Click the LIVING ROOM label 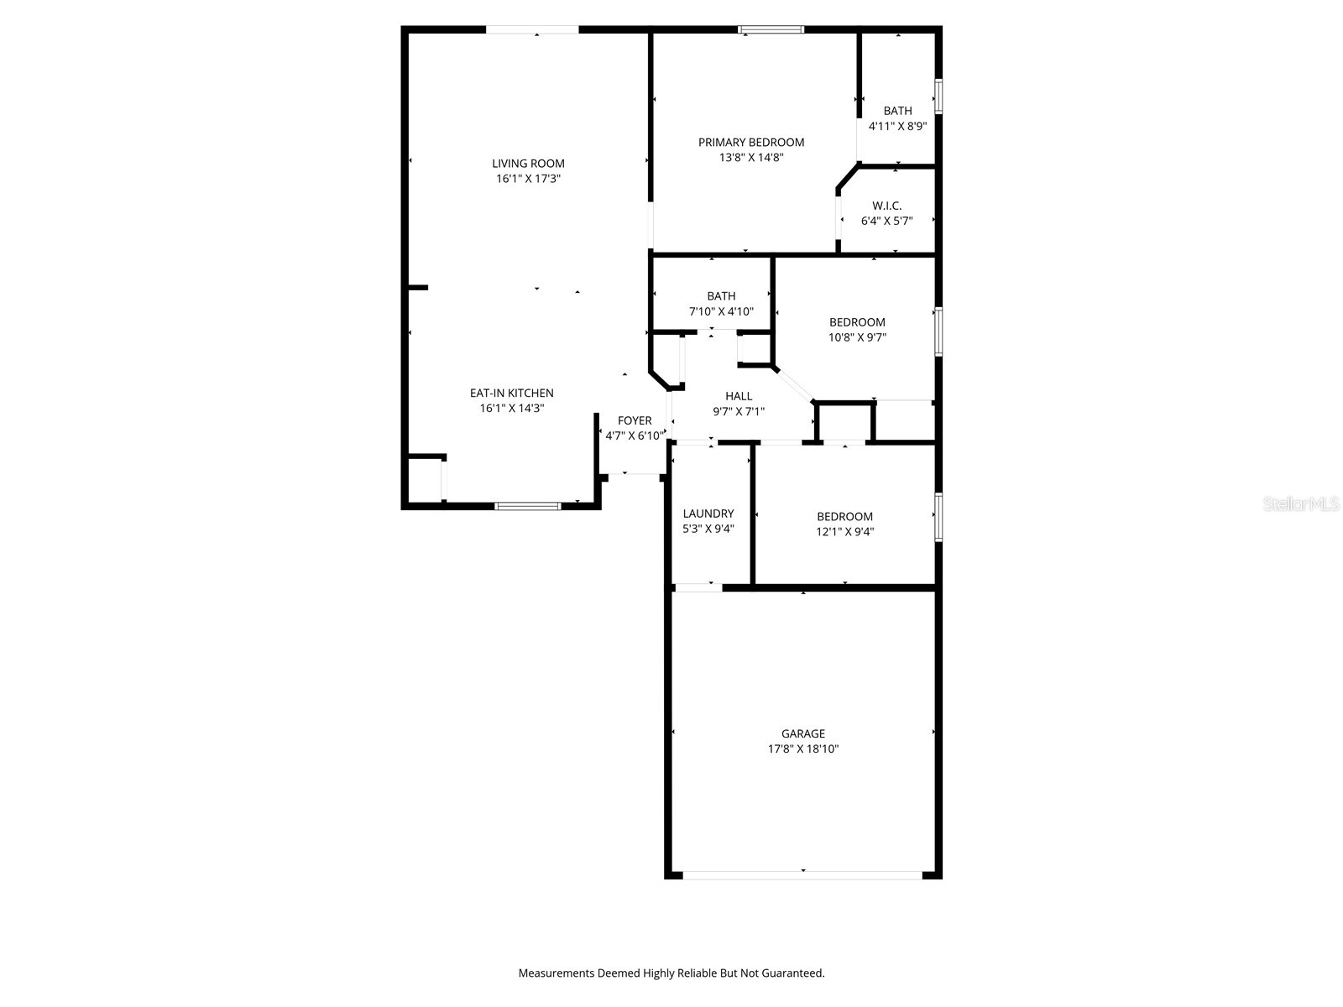tap(528, 164)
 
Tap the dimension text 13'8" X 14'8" tap(750, 158)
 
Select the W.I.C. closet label tap(886, 206)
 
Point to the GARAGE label tap(803, 733)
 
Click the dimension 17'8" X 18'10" tap(803, 749)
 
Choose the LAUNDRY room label tap(708, 514)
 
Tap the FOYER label tap(635, 420)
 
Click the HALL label tap(739, 396)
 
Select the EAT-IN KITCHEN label tap(511, 393)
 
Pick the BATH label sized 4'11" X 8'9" tap(897, 111)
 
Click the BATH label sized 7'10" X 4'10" tap(721, 296)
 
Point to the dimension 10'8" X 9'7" tap(857, 337)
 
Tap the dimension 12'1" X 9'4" tap(845, 531)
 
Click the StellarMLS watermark tap(1301, 504)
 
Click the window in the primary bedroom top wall tap(771, 30)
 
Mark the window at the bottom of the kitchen tap(528, 506)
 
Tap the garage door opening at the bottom tap(802, 874)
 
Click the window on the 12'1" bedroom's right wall tap(938, 517)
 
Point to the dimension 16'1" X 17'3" tap(528, 179)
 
